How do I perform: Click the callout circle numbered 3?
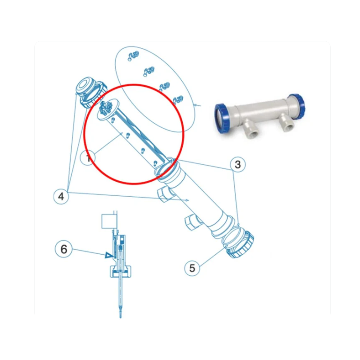[x=238, y=164]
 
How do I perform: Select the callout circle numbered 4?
[x=61, y=197]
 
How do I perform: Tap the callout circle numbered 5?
[x=192, y=268]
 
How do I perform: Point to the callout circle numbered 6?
[x=63, y=249]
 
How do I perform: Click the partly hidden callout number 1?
[x=87, y=158]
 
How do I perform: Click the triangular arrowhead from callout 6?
[x=108, y=255]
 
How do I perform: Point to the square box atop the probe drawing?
[x=109, y=221]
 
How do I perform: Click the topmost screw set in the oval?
[x=133, y=56]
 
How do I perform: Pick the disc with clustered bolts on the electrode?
[x=107, y=109]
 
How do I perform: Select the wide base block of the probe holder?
[x=121, y=271]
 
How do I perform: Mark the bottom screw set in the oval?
[x=178, y=100]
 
